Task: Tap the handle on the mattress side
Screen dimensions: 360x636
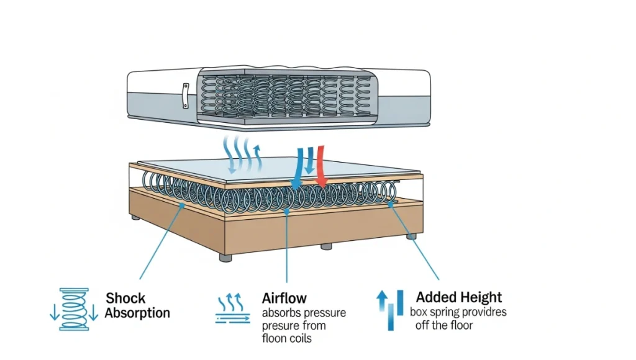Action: coord(185,96)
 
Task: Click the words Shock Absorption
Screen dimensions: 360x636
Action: coord(137,305)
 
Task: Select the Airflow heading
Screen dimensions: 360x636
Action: coord(284,299)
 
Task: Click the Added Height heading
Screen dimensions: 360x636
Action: coord(459,297)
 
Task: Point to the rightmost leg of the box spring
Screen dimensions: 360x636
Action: coord(411,236)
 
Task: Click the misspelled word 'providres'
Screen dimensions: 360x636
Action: coord(483,312)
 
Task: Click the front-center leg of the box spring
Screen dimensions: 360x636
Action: coord(326,246)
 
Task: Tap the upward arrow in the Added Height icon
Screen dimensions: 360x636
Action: coord(381,303)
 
